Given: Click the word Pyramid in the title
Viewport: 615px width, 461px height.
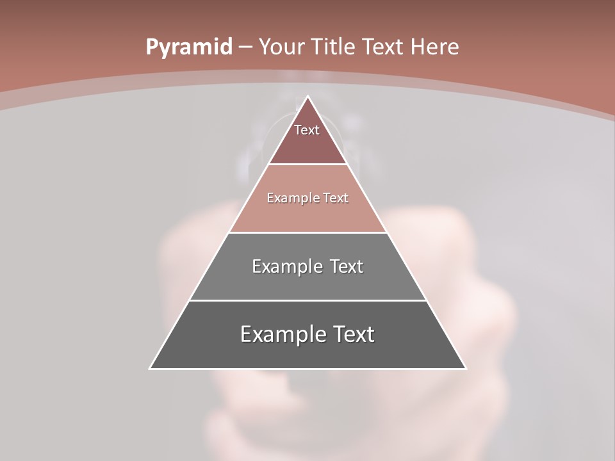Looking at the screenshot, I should click(x=188, y=47).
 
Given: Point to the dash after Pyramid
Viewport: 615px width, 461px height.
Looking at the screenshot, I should click(x=245, y=47).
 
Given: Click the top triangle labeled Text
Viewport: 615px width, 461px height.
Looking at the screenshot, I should click(x=307, y=138).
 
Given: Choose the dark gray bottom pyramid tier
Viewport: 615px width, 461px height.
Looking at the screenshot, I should click(x=307, y=352).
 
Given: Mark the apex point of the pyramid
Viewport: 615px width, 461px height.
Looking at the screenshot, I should click(x=307, y=97).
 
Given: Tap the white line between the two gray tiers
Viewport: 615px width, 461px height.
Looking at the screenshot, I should click(x=307, y=300).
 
